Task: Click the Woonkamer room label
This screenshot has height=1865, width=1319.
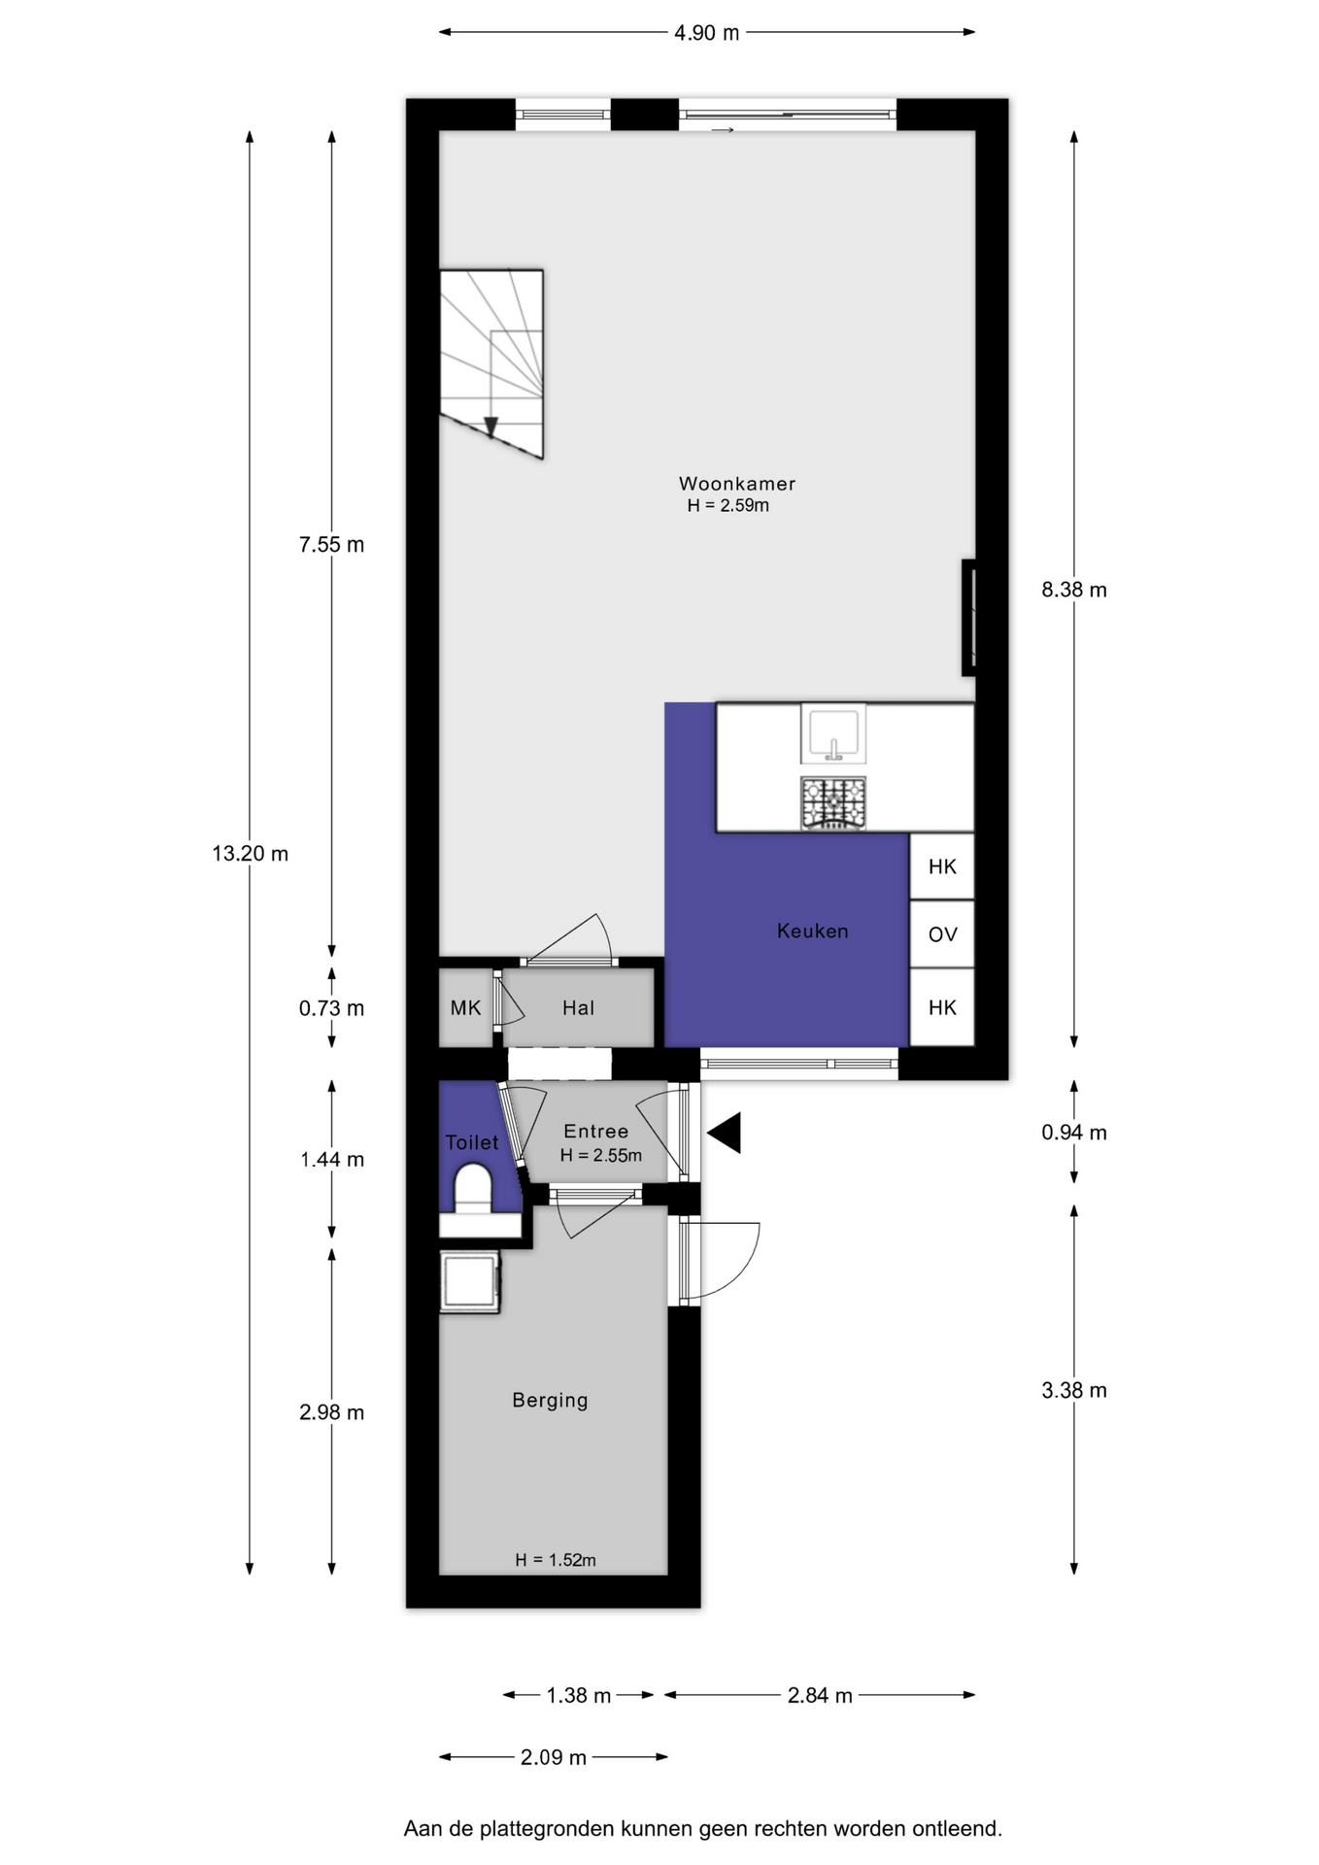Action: click(x=736, y=484)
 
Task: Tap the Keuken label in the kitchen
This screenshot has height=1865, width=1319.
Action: click(x=813, y=931)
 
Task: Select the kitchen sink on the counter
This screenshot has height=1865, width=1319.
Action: click(x=833, y=734)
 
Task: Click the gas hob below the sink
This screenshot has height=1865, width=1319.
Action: click(x=833, y=803)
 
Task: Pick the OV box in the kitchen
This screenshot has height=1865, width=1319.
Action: click(x=942, y=934)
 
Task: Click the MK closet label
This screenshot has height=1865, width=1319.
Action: click(x=465, y=1008)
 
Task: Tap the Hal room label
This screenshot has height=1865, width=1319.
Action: click(x=578, y=1008)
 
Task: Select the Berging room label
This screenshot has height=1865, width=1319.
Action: click(x=550, y=1401)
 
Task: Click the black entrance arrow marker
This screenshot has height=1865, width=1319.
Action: click(x=725, y=1133)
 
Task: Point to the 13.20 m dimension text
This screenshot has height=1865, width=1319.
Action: click(x=251, y=854)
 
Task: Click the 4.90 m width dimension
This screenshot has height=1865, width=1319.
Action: click(x=707, y=33)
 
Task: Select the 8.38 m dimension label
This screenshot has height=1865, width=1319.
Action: click(x=1074, y=590)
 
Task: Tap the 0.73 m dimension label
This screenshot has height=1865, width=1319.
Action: click(x=331, y=1008)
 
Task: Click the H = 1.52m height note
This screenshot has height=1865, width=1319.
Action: click(x=556, y=1560)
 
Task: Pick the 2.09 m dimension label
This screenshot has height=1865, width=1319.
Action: click(x=554, y=1757)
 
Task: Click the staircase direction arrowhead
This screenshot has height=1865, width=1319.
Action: click(x=490, y=427)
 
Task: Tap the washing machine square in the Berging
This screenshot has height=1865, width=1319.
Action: click(x=470, y=1282)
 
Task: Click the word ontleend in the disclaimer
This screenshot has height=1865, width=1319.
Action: click(x=957, y=1829)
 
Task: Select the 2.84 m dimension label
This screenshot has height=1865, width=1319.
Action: click(x=820, y=1696)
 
